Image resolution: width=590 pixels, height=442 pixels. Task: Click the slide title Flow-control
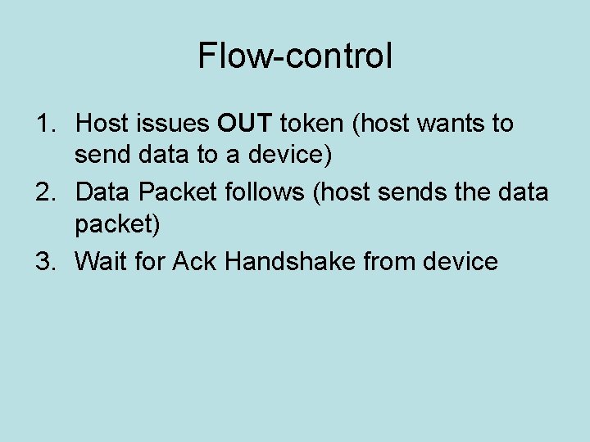pyautogui.click(x=295, y=56)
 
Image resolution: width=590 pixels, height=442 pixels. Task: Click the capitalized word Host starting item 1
pyautogui.click(x=102, y=124)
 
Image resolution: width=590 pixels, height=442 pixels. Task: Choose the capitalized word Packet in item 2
pyautogui.click(x=175, y=193)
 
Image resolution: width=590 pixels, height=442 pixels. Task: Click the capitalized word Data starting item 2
pyautogui.click(x=103, y=193)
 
